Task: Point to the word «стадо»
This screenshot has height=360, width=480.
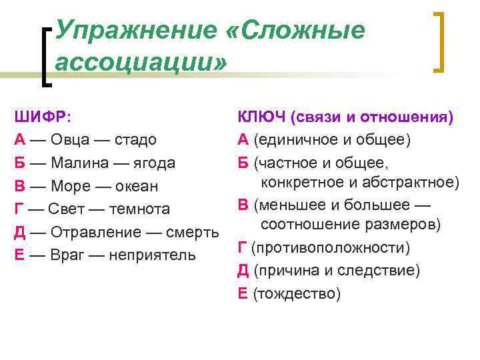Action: tap(135, 139)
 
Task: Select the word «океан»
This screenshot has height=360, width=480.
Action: tap(136, 186)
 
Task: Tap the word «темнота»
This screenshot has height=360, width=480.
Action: tap(140, 209)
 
